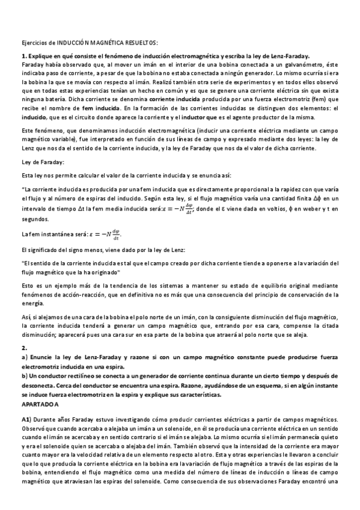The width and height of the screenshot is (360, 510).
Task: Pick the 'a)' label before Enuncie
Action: pyautogui.click(x=24, y=357)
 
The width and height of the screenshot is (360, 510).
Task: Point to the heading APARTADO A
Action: pyautogui.click(x=40, y=404)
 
